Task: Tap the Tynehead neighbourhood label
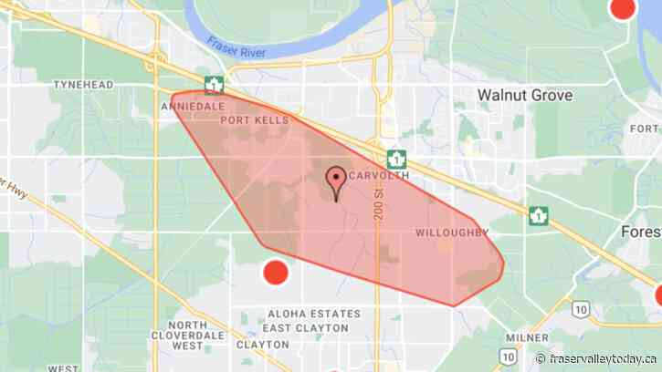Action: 83,85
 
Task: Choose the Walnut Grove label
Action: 525,95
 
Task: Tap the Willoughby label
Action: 452,232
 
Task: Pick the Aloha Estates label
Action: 310,314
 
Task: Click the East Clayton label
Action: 305,328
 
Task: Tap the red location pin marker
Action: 336,180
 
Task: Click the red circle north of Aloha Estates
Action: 275,273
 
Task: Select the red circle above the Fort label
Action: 622,7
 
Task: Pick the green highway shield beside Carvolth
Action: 396,158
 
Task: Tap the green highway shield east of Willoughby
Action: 539,216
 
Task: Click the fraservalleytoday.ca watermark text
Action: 603,358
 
